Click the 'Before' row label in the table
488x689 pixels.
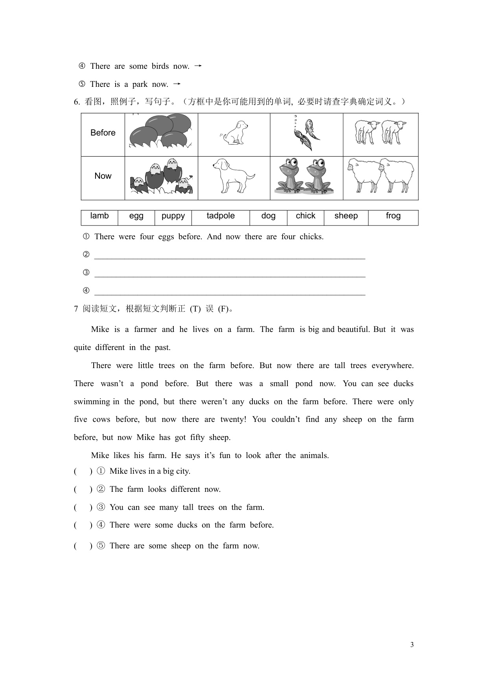click(103, 133)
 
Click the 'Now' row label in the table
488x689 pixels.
click(103, 176)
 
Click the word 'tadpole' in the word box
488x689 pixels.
click(221, 216)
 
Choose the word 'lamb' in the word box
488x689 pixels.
click(99, 216)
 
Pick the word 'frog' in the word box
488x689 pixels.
click(393, 216)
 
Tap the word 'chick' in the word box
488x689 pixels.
click(306, 216)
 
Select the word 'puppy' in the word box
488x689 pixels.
click(173, 216)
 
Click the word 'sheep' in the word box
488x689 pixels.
click(346, 216)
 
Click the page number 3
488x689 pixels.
click(412, 645)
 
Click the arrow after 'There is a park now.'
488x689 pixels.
click(177, 84)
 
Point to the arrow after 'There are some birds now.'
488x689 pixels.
click(198, 66)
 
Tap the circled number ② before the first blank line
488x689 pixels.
click(86, 255)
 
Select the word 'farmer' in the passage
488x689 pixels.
click(145, 329)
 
